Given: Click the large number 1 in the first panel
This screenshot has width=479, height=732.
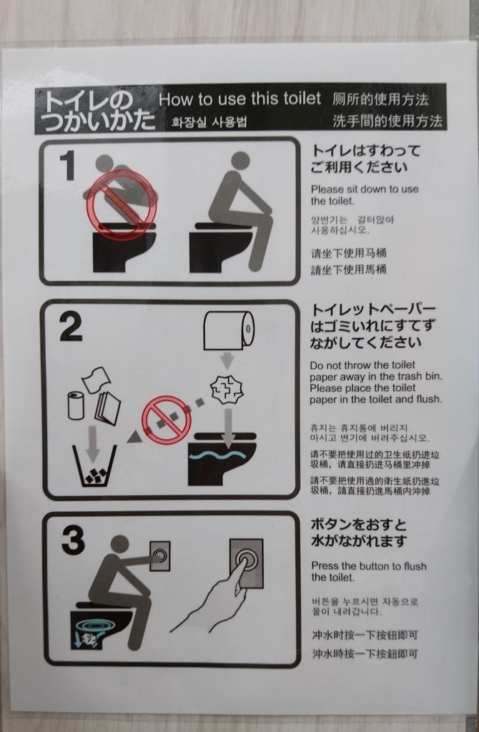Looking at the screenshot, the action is (x=69, y=166).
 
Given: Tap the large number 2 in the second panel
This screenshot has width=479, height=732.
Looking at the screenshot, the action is (x=71, y=327).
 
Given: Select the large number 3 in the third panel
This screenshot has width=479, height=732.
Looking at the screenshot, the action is (x=74, y=540).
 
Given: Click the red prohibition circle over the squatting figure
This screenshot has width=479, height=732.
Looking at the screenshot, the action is (x=120, y=204).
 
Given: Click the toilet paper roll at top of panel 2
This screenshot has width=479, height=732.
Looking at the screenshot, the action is (x=229, y=330).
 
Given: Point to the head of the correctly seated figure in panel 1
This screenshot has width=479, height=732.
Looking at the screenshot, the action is (x=240, y=160).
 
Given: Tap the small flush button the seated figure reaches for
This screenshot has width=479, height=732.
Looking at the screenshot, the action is (x=159, y=555).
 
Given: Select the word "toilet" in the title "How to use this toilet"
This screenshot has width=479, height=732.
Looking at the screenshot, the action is (x=302, y=99).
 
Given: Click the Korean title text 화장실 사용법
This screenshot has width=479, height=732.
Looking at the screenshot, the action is (x=209, y=122).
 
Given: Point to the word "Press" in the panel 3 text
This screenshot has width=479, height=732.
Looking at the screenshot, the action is (x=325, y=566).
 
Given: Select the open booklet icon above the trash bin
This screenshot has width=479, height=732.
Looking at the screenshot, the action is (x=107, y=407).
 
